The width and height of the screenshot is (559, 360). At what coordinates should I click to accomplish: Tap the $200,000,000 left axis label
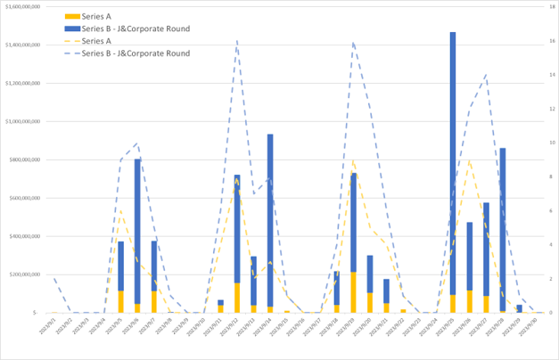tap(25, 274)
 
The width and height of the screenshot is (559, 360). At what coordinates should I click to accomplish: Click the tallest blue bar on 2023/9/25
tap(453, 160)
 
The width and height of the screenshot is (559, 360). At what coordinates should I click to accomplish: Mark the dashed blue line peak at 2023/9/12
tap(237, 40)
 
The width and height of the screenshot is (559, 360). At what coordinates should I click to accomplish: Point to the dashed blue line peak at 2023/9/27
tap(486, 75)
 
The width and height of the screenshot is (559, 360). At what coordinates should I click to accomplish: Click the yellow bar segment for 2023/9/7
tap(154, 301)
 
